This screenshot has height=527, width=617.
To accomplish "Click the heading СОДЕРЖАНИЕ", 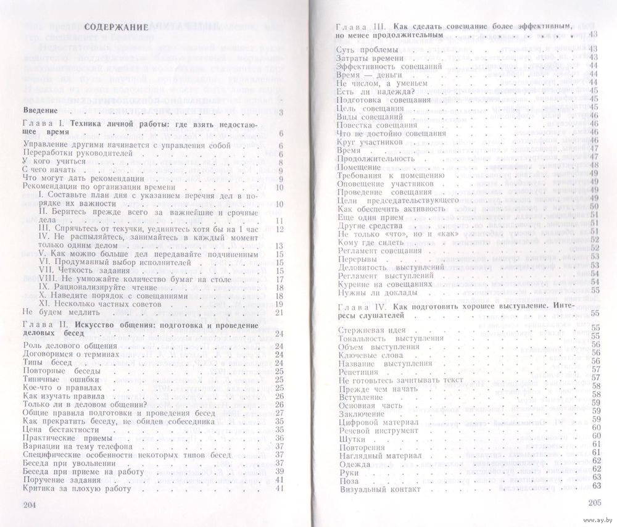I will pos(116,28).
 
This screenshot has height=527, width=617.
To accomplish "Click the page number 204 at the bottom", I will pos(30,505).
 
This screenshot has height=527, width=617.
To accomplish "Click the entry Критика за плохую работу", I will pos(77,488).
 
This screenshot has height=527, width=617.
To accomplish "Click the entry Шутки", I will pos(354,439).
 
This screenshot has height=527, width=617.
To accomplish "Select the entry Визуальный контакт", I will pos(379,489).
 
